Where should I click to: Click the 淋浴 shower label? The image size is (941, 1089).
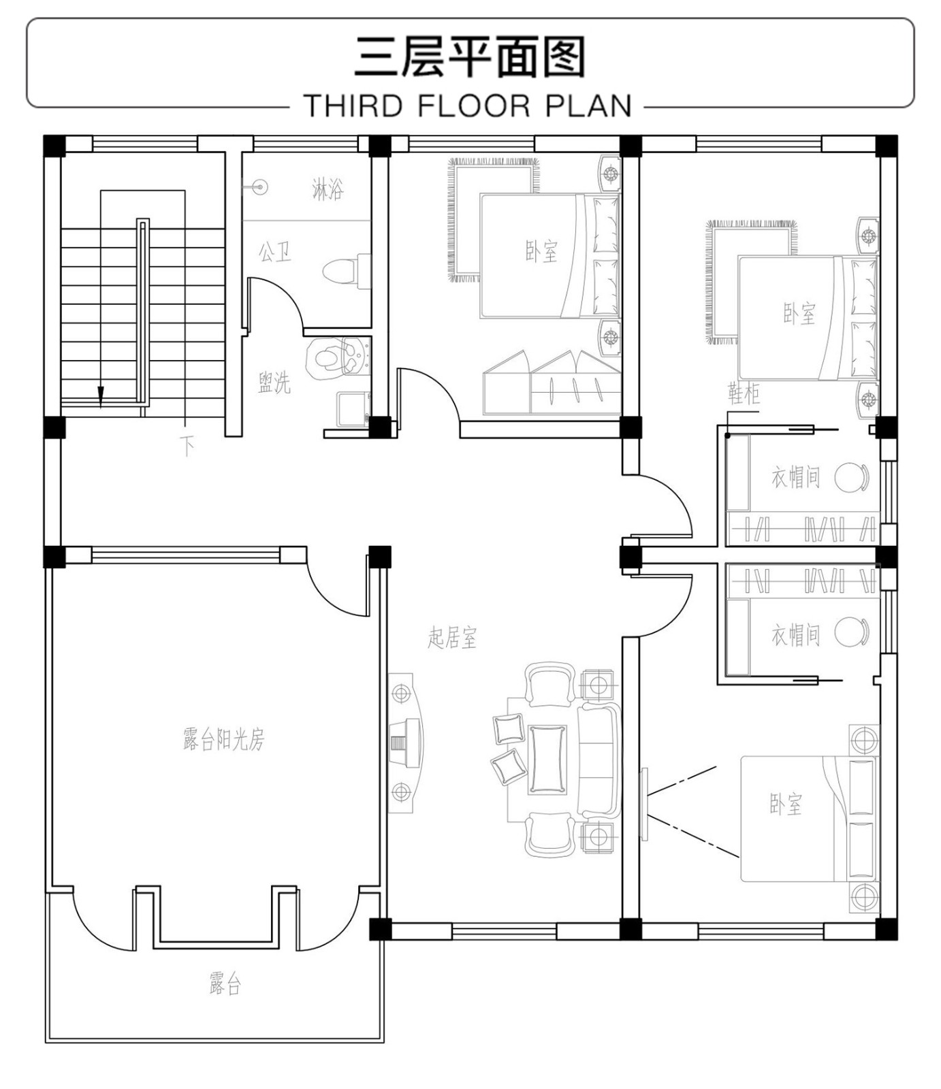328,189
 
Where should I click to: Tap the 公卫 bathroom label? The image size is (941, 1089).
275,252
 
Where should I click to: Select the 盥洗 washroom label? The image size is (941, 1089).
274,383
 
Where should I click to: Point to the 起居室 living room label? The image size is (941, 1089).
452,638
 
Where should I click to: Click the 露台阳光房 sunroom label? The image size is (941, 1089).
223,738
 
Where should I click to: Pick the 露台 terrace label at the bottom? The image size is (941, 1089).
225,984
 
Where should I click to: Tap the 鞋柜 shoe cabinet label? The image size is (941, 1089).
744,393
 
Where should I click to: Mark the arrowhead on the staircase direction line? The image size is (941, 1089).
101,395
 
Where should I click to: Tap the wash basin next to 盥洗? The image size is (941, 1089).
336,358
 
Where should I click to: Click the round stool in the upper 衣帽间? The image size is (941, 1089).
851,477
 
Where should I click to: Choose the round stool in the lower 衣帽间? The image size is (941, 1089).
851,633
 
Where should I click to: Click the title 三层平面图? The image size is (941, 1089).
470,56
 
